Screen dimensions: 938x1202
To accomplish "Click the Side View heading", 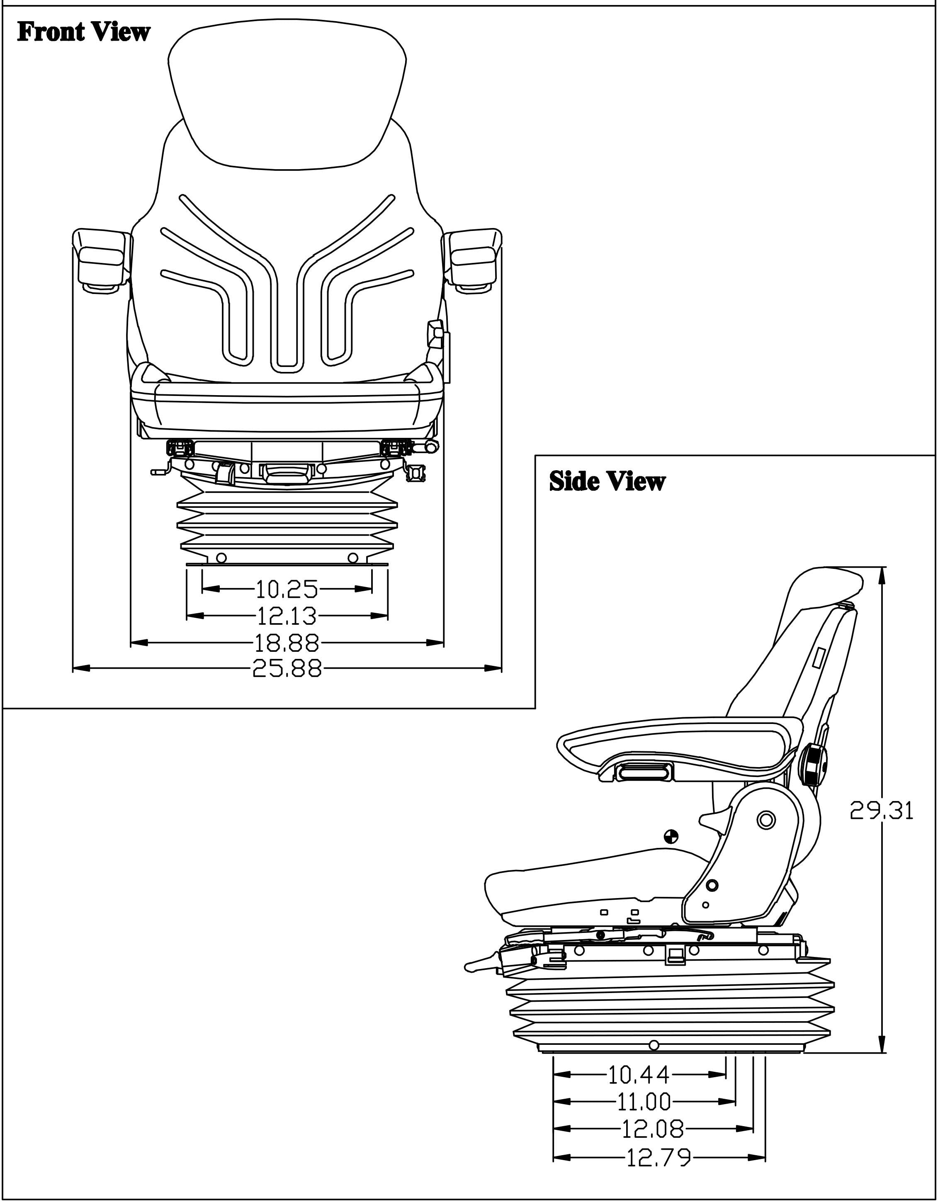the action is point(607,481).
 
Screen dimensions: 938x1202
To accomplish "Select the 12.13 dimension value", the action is point(287,616).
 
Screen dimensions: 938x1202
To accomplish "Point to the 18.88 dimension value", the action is point(287,642).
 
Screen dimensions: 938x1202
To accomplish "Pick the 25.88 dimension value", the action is point(287,669).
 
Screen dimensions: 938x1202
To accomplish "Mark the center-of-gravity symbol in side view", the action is point(671,836).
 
